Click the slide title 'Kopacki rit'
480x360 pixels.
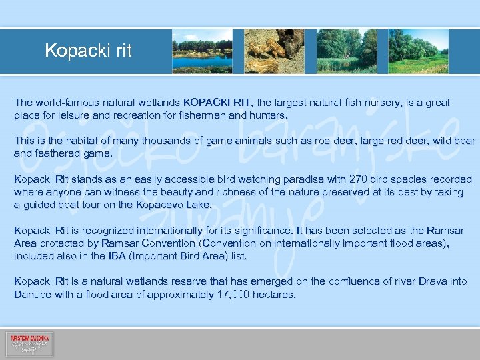point(88,51)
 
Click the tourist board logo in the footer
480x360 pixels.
point(29,344)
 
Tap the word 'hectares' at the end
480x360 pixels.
point(273,294)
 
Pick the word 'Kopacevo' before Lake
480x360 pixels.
point(161,205)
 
